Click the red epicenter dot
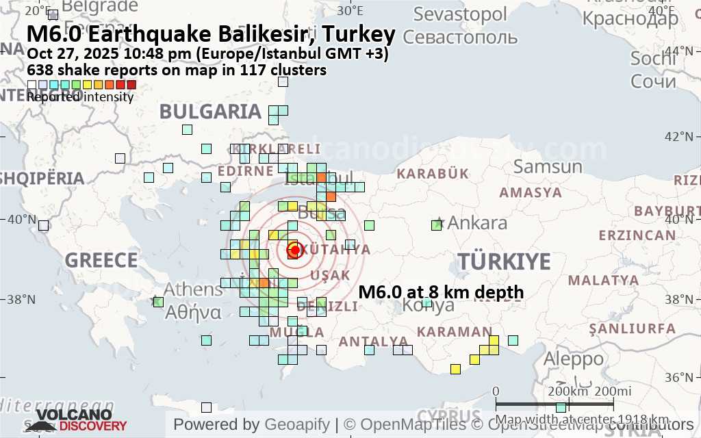tap(295, 250)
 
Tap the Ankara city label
tap(477, 222)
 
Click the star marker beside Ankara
tap(439, 223)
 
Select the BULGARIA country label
tap(211, 112)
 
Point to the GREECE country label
tap(101, 261)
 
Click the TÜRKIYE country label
tap(505, 261)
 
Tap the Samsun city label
tap(548, 166)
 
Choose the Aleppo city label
tap(574, 358)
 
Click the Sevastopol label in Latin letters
tap(460, 14)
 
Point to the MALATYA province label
tap(603, 280)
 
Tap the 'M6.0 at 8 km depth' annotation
tap(441, 292)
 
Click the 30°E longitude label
tap(350, 10)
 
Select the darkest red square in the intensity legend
tap(131, 85)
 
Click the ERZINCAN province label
tap(637, 235)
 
